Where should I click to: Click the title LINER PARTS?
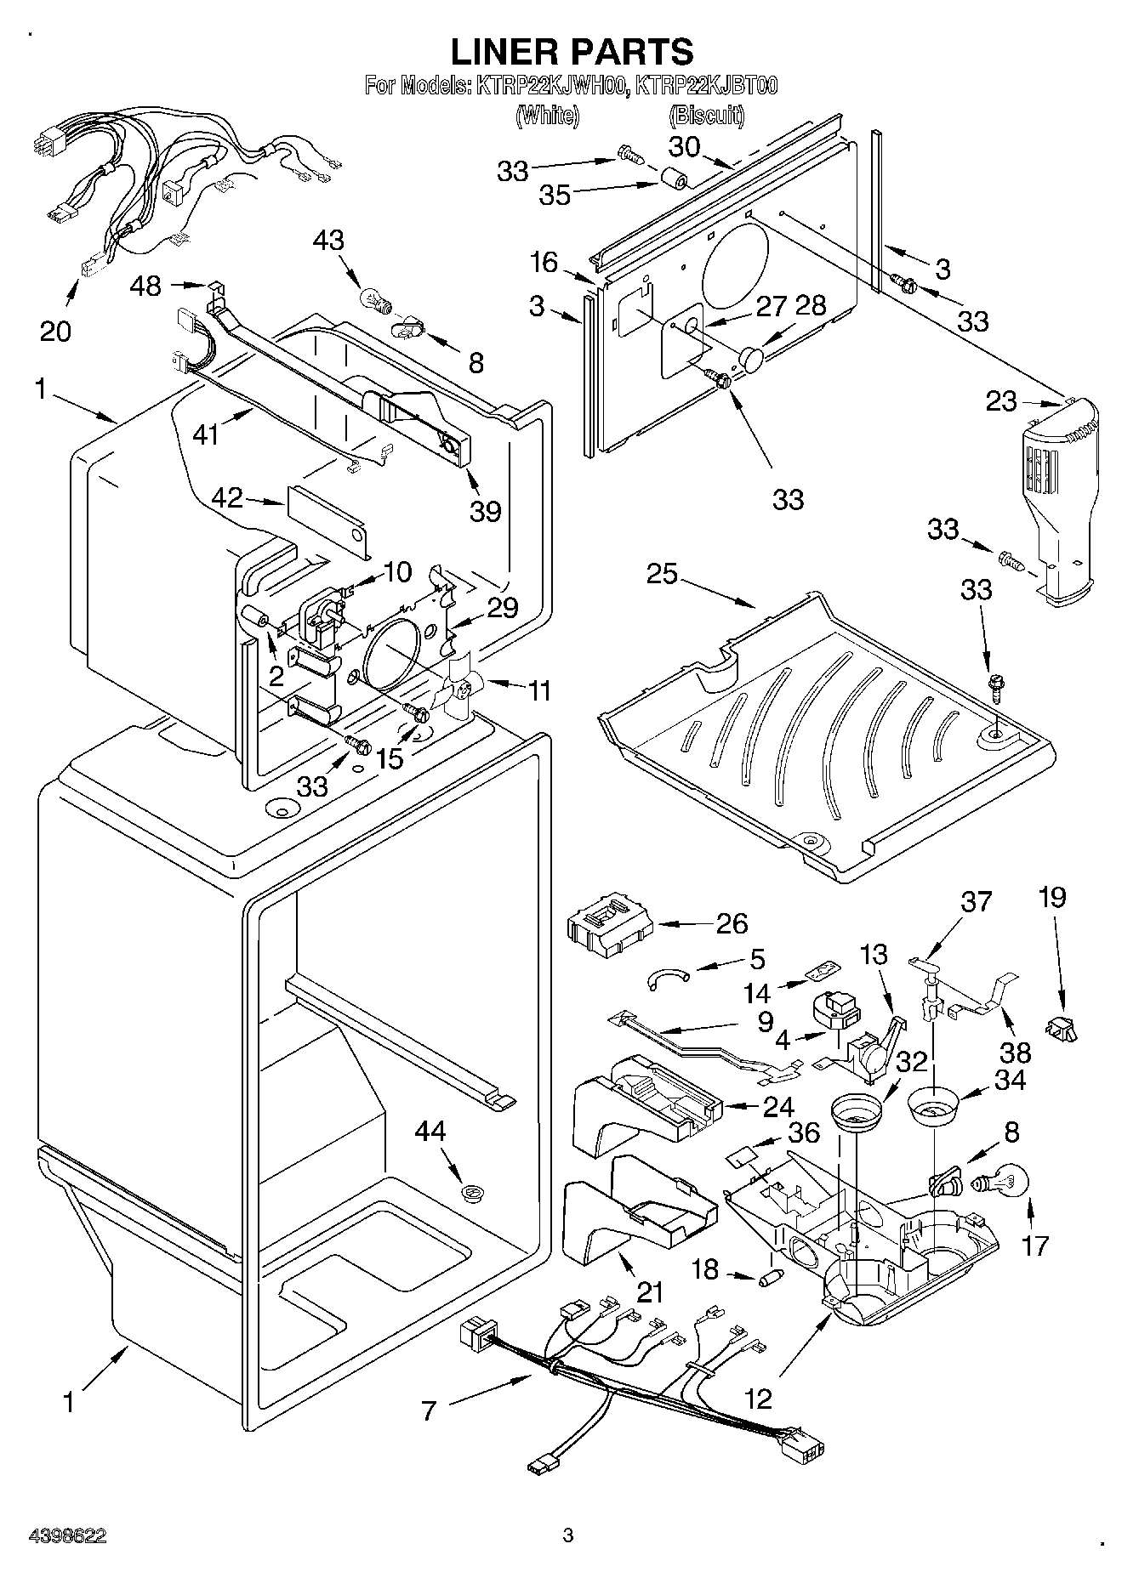pyautogui.click(x=572, y=51)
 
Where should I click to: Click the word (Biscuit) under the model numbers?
pyautogui.click(x=708, y=116)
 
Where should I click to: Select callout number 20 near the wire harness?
pyautogui.click(x=55, y=330)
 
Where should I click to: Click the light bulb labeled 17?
pyautogui.click(x=1005, y=1182)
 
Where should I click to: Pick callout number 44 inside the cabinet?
pyautogui.click(x=430, y=1132)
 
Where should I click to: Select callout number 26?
pyautogui.click(x=732, y=923)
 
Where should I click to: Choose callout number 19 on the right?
pyautogui.click(x=1052, y=897)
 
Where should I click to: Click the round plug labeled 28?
pyautogui.click(x=752, y=357)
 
